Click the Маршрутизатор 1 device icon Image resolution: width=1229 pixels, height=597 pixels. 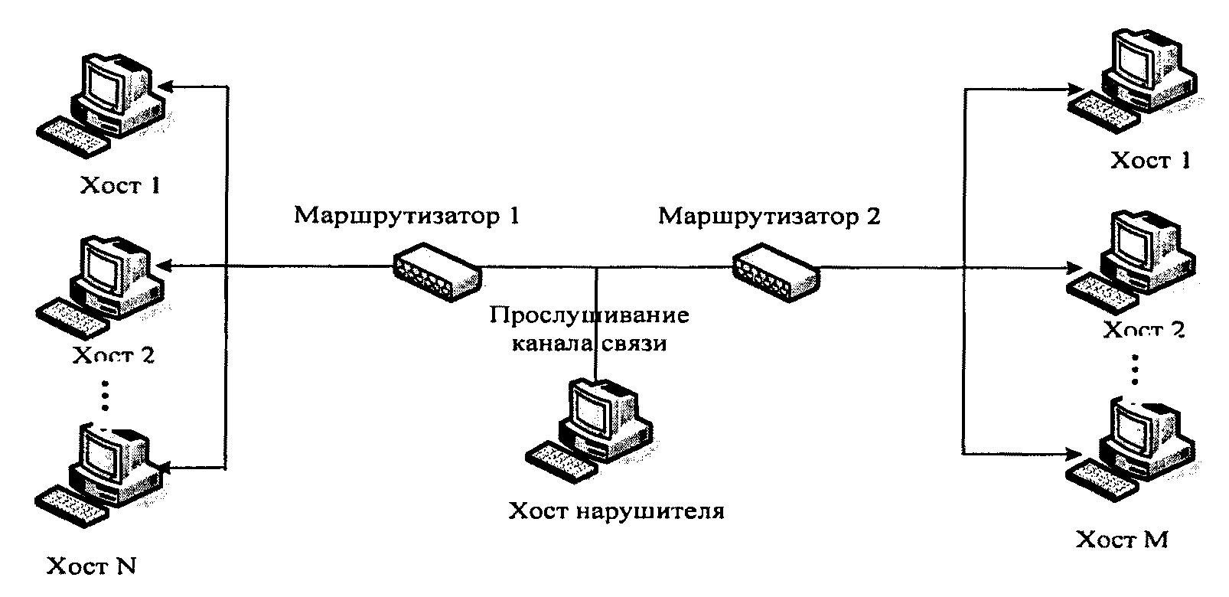click(436, 270)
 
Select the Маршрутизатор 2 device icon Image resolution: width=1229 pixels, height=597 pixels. click(775, 270)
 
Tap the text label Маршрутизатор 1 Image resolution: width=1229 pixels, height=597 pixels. click(406, 216)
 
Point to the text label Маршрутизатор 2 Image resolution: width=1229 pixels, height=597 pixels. click(769, 216)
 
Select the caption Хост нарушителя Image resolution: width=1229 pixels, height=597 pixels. click(616, 511)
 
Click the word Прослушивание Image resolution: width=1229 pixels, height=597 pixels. click(589, 315)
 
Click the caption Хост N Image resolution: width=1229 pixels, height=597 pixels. click(92, 566)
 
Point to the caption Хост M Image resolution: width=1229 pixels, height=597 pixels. click(1122, 540)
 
